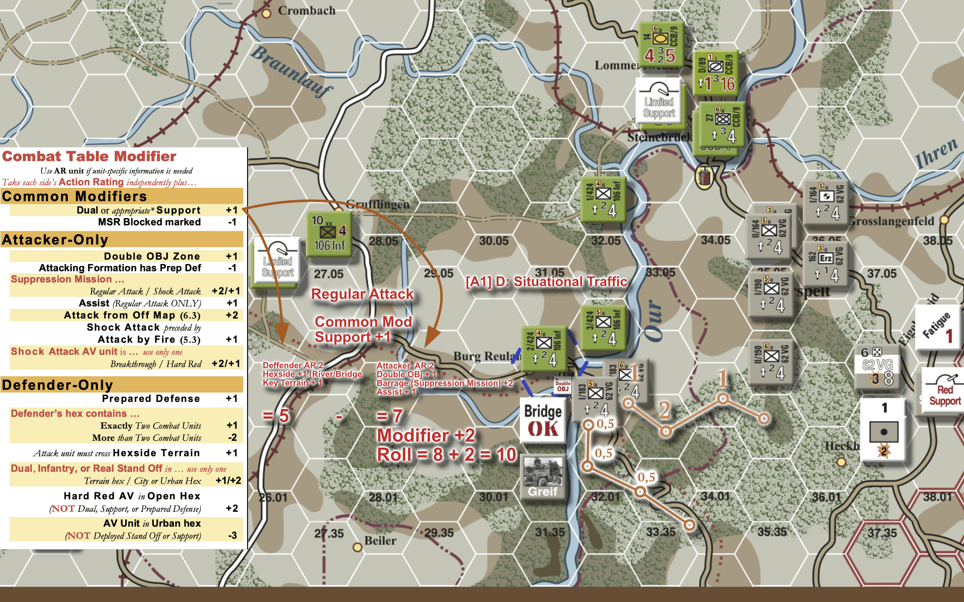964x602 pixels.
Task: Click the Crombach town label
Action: pos(306,11)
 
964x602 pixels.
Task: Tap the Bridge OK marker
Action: pos(543,420)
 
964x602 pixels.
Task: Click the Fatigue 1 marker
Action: pos(939,328)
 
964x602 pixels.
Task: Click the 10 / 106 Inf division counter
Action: pos(329,234)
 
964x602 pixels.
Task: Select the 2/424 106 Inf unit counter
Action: pos(544,349)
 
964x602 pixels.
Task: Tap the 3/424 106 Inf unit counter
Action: pos(603,327)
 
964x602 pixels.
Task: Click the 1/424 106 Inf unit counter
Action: pos(603,199)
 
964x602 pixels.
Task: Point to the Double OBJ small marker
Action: pos(563,386)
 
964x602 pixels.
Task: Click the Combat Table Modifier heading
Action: pos(89,156)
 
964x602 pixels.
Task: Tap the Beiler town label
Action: pos(380,541)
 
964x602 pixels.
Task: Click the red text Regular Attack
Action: pos(362,294)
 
